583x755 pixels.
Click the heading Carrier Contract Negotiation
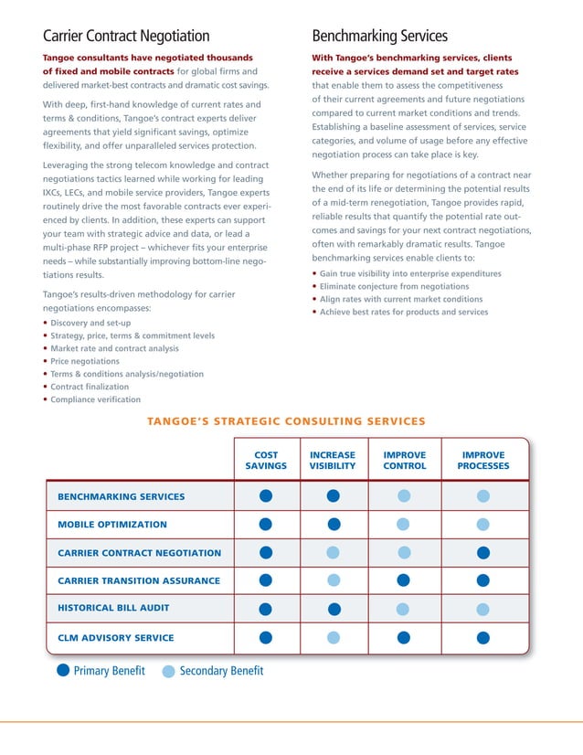coord(126,37)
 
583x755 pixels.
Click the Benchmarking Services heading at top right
coord(379,37)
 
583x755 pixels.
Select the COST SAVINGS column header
coord(266,460)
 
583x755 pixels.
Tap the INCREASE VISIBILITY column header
coord(333,460)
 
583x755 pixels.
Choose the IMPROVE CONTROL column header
coord(404,460)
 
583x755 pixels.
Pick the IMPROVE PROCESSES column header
coord(482,460)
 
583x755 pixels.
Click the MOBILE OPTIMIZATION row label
coord(112,525)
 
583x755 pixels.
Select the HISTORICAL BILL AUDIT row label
coord(113,608)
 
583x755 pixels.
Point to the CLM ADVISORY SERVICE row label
coord(115,638)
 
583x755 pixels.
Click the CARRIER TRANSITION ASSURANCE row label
coord(139,580)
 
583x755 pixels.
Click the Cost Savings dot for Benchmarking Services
coord(266,496)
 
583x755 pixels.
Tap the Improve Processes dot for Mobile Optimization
coord(482,525)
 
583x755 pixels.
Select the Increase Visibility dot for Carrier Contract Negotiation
coord(334,552)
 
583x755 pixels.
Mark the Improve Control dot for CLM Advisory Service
coord(404,637)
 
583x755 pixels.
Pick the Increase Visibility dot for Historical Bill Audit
coord(334,609)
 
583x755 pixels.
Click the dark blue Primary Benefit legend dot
coord(63,672)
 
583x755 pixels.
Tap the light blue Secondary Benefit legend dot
coord(168,672)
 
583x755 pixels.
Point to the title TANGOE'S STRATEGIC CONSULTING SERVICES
coord(286,421)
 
